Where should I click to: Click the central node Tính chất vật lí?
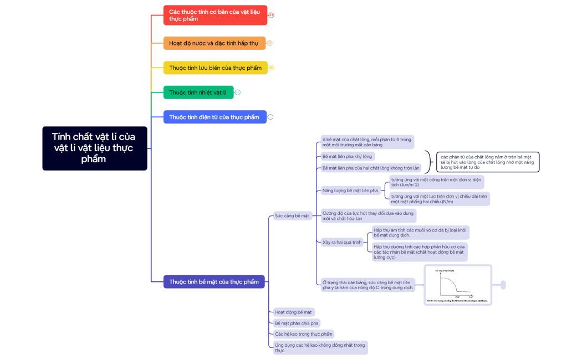(x=94, y=148)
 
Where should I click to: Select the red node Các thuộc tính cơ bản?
(x=215, y=15)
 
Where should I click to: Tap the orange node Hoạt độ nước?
(x=214, y=43)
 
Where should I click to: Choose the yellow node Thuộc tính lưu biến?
(x=215, y=68)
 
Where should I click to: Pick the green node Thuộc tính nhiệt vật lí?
(x=198, y=92)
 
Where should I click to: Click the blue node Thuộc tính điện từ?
(x=215, y=117)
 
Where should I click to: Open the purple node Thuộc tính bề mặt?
(x=214, y=281)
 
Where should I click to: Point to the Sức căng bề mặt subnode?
(x=292, y=215)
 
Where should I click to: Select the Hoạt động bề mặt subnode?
(x=294, y=312)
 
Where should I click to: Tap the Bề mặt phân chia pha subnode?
(x=297, y=323)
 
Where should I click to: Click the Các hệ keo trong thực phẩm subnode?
(x=304, y=334)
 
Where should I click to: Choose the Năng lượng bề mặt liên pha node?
(x=350, y=191)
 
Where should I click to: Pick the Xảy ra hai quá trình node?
(x=342, y=242)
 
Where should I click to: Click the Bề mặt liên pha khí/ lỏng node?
(x=348, y=156)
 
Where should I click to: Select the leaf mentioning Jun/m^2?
(x=436, y=182)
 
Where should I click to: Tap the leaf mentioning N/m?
(x=439, y=199)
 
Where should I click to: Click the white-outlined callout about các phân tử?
(x=487, y=162)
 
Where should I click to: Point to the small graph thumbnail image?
(x=458, y=285)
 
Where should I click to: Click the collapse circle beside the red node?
(x=271, y=15)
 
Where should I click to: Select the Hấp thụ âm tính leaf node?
(x=421, y=232)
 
